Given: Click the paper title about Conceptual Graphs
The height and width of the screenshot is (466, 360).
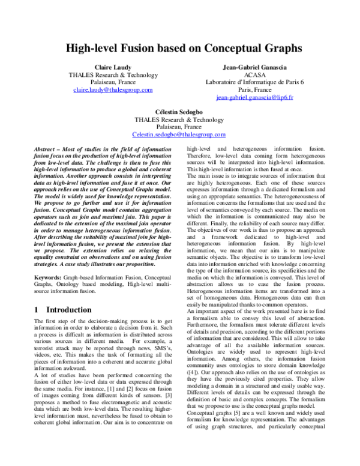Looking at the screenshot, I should click(x=179, y=48).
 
